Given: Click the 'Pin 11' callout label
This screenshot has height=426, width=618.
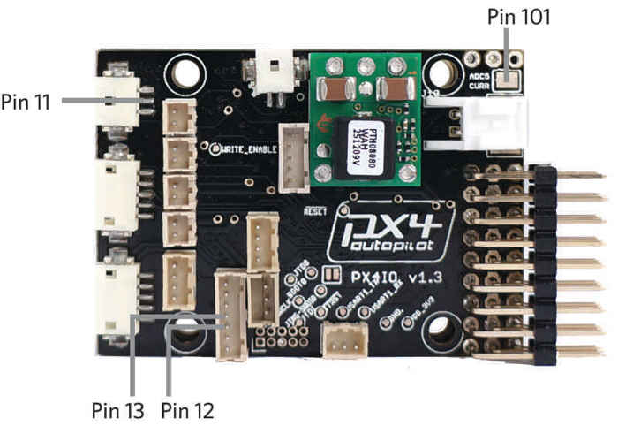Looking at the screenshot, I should click(x=26, y=102).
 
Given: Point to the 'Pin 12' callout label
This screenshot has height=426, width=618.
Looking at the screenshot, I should click(x=188, y=410).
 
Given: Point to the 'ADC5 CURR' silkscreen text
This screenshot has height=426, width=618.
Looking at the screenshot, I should click(x=482, y=82).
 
